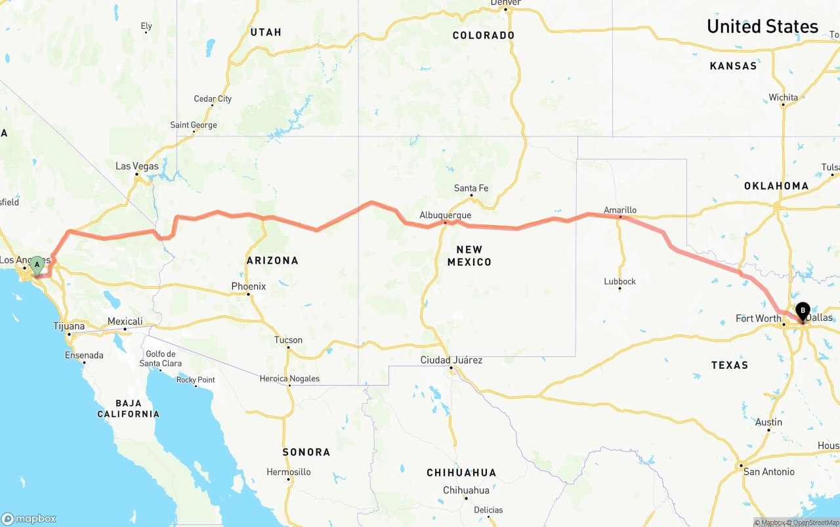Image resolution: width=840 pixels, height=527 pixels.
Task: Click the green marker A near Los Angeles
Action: click(x=37, y=265)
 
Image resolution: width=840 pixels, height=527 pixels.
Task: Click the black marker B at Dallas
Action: click(x=802, y=310)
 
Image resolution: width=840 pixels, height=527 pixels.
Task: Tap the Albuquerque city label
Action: click(x=446, y=215)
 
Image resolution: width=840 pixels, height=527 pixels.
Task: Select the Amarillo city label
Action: click(x=620, y=210)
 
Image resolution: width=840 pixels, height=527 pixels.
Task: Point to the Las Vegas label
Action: click(x=137, y=166)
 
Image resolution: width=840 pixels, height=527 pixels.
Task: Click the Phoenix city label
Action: click(x=249, y=286)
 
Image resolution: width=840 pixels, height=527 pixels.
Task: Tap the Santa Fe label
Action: click(x=471, y=188)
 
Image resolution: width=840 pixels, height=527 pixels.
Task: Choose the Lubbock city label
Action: click(x=620, y=282)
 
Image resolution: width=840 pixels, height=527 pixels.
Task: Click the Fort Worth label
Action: click(x=758, y=318)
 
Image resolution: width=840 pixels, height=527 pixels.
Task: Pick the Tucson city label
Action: click(x=289, y=340)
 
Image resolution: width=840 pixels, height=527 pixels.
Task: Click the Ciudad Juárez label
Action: click(x=451, y=360)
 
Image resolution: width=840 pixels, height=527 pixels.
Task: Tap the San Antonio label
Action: click(x=769, y=472)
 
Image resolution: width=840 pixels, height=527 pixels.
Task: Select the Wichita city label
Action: click(x=784, y=98)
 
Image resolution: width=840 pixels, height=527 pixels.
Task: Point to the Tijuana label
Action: click(x=69, y=326)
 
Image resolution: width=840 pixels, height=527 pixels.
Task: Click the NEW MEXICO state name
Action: click(x=469, y=255)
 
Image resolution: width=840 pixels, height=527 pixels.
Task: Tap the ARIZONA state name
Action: click(x=272, y=261)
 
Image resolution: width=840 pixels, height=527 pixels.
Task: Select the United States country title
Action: click(x=763, y=26)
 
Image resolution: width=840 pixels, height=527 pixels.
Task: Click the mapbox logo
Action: click(x=29, y=518)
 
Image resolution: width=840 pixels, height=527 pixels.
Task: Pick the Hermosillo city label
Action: click(x=289, y=472)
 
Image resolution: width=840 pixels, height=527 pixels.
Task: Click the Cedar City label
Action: click(x=213, y=99)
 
